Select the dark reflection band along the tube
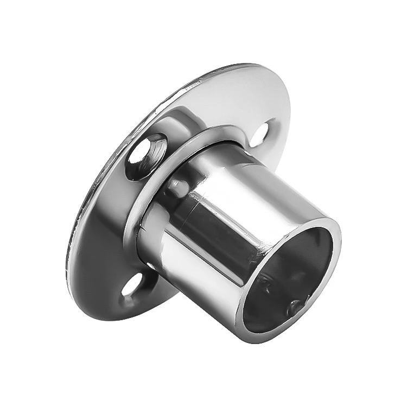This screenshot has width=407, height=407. pyautogui.click(x=217, y=228)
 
